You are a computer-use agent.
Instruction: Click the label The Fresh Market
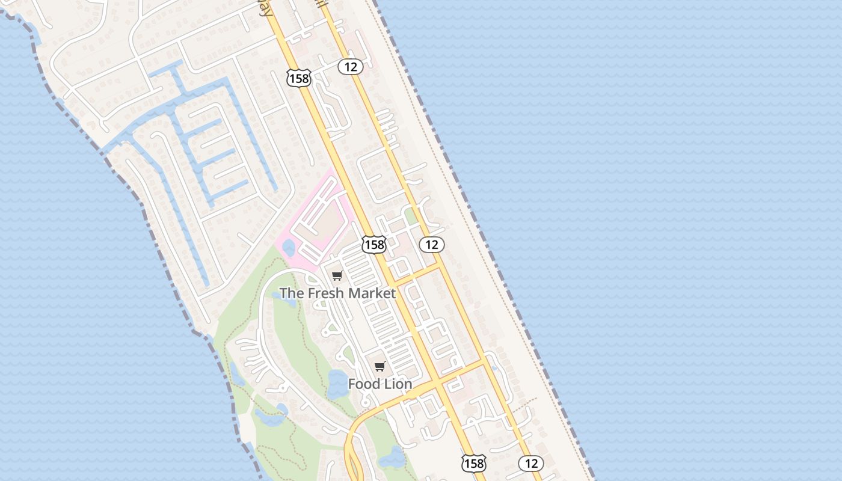tap(337, 293)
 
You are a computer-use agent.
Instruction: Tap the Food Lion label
tap(380, 384)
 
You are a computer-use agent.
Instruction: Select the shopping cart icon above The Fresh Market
tap(337, 276)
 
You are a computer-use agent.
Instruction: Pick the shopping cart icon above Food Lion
tap(380, 367)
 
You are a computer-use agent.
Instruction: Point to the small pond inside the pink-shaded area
tap(289, 247)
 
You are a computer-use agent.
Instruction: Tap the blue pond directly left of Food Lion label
tap(337, 383)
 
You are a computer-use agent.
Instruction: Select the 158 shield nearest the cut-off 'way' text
tap(298, 78)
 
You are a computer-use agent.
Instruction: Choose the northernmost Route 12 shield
tap(351, 67)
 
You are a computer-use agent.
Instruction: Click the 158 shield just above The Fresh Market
tap(373, 244)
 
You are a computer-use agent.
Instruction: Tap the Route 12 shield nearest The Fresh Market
tap(432, 244)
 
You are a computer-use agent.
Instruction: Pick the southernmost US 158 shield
tap(473, 463)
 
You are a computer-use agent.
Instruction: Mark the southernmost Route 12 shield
tap(531, 463)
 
